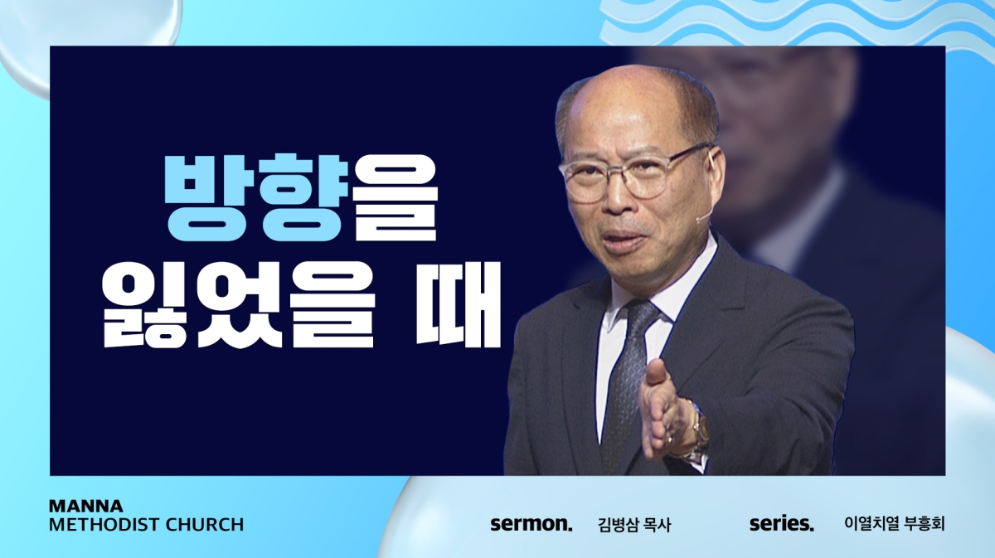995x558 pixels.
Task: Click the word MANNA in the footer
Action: click(85, 506)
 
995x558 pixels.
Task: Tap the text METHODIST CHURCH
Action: click(146, 525)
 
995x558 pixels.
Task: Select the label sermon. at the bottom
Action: click(531, 524)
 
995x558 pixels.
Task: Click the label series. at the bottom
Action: click(782, 524)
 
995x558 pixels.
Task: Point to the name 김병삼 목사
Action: click(634, 525)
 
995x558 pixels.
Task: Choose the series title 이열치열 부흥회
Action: click(894, 524)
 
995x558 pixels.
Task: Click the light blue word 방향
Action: click(256, 197)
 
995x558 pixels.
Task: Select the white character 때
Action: click(459, 305)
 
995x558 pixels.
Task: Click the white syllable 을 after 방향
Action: click(395, 197)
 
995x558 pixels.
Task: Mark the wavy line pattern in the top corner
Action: click(795, 22)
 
